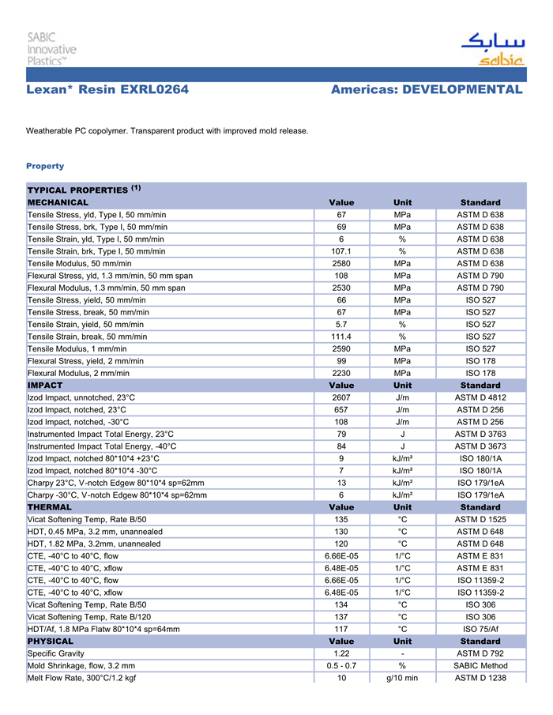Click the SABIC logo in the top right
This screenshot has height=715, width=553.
coord(492,48)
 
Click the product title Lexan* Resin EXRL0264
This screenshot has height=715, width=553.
coord(107,90)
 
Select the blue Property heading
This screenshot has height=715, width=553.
coord(45,166)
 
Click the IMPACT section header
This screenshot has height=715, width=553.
coord(45,385)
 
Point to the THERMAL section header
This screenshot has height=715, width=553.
coord(50,506)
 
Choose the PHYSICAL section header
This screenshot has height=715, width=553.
coord(51,641)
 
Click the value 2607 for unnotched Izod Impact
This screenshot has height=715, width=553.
coord(341,397)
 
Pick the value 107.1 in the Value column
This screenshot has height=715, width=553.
coord(341,251)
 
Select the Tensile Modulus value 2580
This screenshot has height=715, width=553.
coord(341,263)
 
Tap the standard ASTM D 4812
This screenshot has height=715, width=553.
coord(480,397)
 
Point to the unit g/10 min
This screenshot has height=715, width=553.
coord(402,678)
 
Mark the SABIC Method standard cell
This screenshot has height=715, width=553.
coord(480,665)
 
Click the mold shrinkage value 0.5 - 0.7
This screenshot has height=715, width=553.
coord(341,665)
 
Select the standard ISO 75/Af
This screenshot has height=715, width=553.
coord(480,629)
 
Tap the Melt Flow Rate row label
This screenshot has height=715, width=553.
coord(81,678)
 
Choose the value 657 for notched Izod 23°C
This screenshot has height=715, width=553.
coord(341,409)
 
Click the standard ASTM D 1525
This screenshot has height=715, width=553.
coord(480,519)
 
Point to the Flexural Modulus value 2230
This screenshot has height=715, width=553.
coord(341,373)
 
